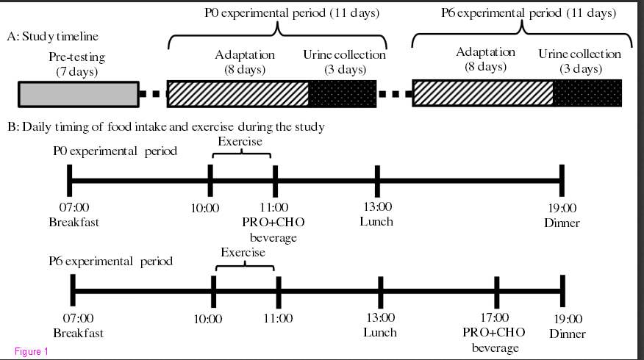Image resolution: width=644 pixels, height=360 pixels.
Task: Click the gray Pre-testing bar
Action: click(x=79, y=95)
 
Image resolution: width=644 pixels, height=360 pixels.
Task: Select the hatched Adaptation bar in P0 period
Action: click(x=237, y=94)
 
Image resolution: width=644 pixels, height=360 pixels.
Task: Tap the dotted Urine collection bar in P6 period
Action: click(x=587, y=93)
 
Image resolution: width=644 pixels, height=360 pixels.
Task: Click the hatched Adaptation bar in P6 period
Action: click(x=483, y=93)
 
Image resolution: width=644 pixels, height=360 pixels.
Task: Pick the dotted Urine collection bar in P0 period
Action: click(x=343, y=94)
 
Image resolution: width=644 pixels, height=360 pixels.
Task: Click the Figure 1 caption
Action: click(x=32, y=351)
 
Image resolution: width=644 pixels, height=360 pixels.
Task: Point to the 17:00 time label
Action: click(x=495, y=317)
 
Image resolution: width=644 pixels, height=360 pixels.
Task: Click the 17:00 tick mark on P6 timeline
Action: click(x=496, y=292)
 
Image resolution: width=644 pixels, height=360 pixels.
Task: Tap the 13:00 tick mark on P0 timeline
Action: click(x=377, y=181)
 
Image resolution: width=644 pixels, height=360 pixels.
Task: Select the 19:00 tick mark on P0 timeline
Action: click(x=562, y=181)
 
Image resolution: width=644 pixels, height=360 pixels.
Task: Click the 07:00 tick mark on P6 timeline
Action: click(x=73, y=291)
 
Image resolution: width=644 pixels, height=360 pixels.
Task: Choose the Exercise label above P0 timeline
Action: click(x=240, y=142)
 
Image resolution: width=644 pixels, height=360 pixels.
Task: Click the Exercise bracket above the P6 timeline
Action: click(x=245, y=267)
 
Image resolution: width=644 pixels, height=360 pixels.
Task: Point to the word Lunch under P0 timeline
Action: click(x=376, y=222)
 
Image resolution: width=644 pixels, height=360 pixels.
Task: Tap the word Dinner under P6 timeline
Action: click(x=568, y=334)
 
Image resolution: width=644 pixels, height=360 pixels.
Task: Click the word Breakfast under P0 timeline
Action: click(x=74, y=223)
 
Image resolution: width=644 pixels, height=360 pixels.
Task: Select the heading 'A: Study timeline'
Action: click(x=53, y=37)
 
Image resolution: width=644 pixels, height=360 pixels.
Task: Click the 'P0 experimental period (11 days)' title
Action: click(x=292, y=13)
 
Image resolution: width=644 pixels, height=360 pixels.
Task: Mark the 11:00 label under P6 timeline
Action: click(x=278, y=319)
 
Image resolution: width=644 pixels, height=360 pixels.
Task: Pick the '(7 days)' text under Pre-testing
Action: click(x=76, y=72)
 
